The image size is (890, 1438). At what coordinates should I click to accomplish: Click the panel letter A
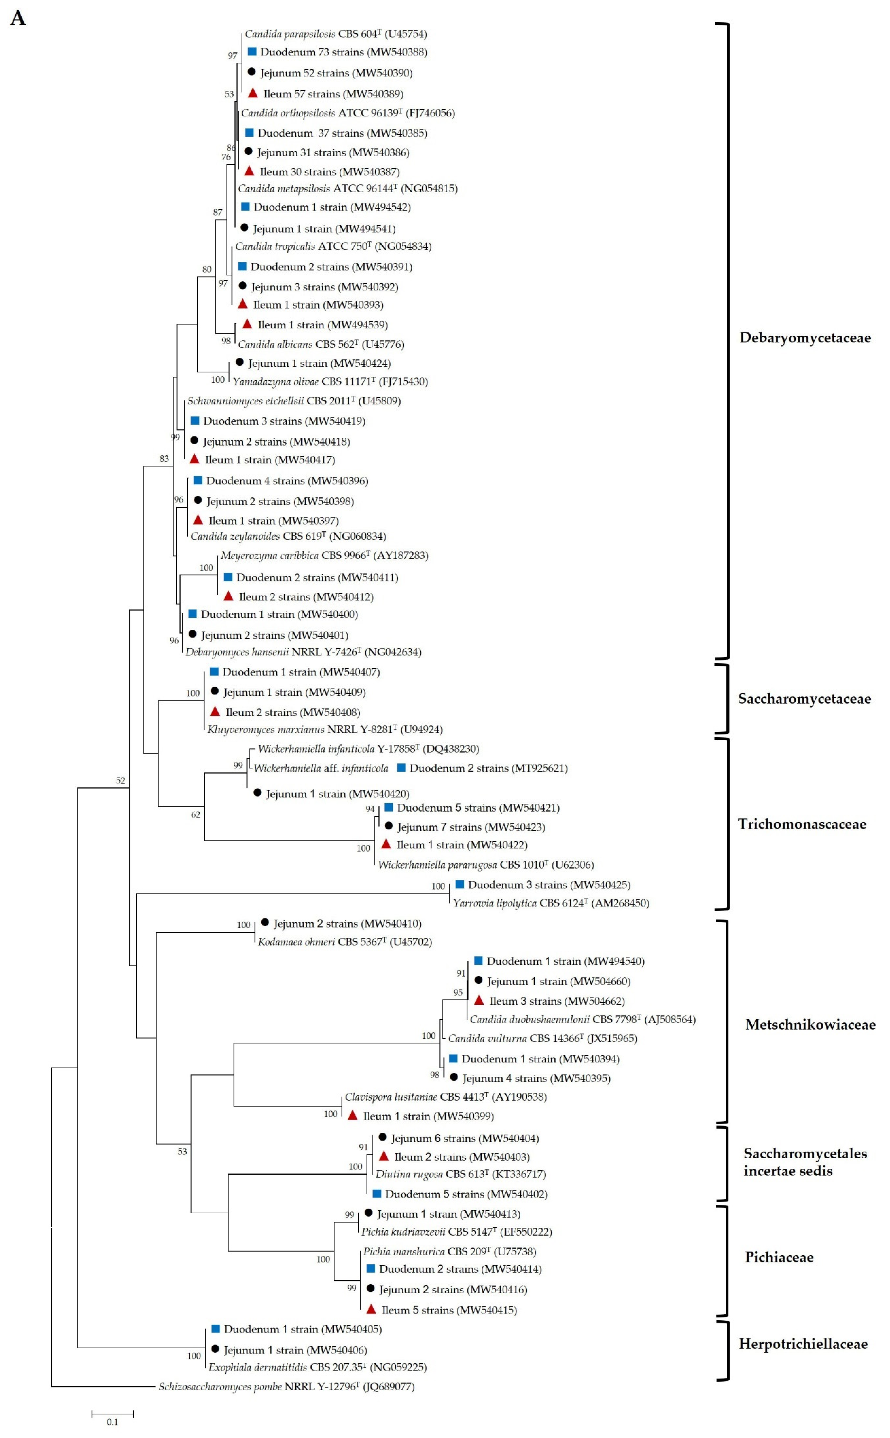18,18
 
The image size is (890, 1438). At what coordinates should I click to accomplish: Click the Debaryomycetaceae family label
805,338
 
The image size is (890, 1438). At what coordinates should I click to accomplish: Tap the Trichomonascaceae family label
802,824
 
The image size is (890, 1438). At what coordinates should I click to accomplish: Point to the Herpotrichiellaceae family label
803,1344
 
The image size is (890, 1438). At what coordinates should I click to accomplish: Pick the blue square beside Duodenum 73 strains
252,52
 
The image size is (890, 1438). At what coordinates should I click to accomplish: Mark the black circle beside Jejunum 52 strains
251,72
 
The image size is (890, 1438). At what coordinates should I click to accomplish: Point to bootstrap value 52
121,781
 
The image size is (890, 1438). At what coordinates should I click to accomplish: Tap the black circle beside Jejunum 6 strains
383,1137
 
